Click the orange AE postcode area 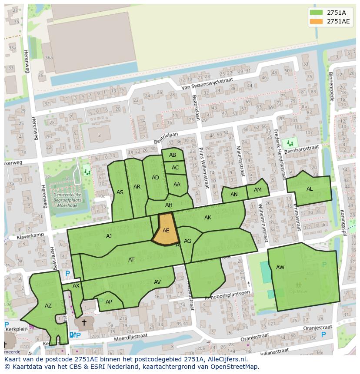pyautogui.click(x=166, y=230)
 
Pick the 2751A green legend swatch pyautogui.click(x=316, y=13)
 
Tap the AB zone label pyautogui.click(x=173, y=155)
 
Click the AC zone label pyautogui.click(x=175, y=167)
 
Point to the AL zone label pyautogui.click(x=310, y=189)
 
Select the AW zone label pyautogui.click(x=280, y=268)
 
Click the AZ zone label pyautogui.click(x=48, y=306)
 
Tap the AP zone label pyautogui.click(x=109, y=302)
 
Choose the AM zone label pyautogui.click(x=258, y=190)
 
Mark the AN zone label pyautogui.click(x=234, y=195)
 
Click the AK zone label pyautogui.click(x=208, y=218)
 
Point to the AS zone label pyautogui.click(x=120, y=192)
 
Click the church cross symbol pyautogui.click(x=84, y=323)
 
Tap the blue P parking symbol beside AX pyautogui.click(x=67, y=274)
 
